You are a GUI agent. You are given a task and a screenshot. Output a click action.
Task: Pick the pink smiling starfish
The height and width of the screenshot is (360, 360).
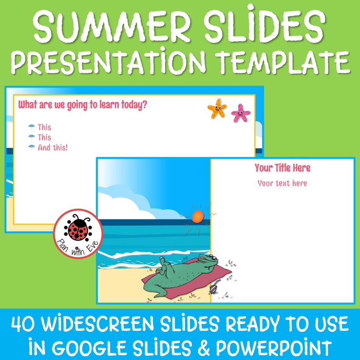coord(240,113)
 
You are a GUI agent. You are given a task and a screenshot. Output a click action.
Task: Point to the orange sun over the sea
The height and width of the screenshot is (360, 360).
coord(198,216)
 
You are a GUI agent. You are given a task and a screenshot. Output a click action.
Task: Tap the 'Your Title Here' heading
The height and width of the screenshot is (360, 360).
coord(282,168)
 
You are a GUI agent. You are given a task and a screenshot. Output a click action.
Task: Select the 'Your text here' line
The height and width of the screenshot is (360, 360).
coord(282,183)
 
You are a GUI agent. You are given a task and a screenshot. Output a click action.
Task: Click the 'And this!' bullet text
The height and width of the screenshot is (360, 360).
coord(53,147)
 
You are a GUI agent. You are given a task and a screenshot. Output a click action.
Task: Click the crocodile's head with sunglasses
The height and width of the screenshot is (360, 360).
coord(209,263)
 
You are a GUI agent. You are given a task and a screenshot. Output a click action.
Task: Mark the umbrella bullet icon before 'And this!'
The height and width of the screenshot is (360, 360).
coord(31,147)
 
